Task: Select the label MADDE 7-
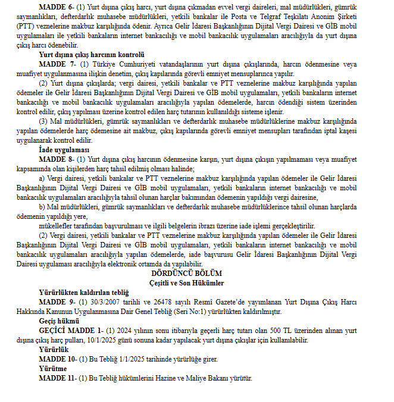point(56,63)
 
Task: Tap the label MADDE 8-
point(56,159)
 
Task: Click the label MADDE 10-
point(58,360)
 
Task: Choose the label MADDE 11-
point(58,378)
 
